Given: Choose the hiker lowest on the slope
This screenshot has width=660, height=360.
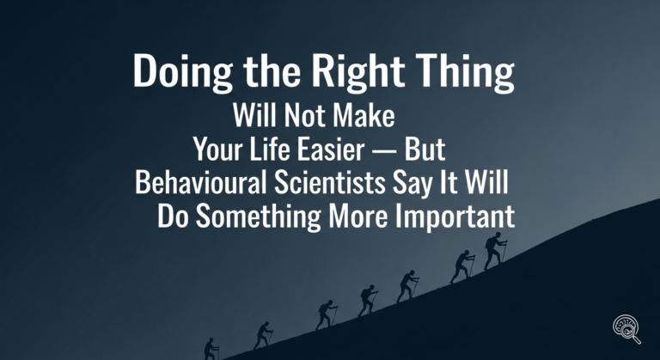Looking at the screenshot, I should (x=211, y=349).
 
